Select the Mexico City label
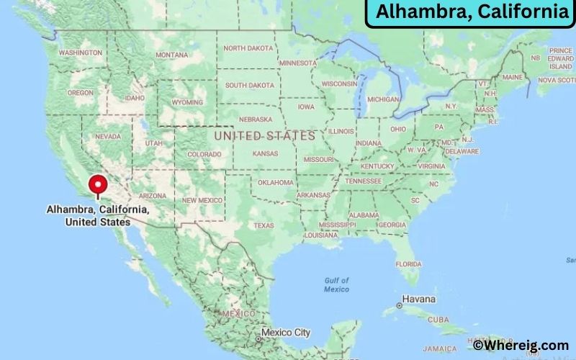point(286,333)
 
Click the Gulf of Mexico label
point(336,284)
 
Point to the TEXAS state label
point(264,225)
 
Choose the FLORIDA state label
point(408,264)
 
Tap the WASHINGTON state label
point(79,53)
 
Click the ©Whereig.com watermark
point(521,346)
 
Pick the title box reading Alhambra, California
point(472,12)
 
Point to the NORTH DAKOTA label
point(248,48)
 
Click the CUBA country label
point(438,319)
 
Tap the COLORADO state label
point(204,154)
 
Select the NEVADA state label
point(107,136)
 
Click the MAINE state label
point(513,77)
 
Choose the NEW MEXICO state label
point(201,200)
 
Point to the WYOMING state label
point(186,102)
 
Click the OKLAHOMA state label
point(276,182)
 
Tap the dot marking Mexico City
point(258,338)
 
